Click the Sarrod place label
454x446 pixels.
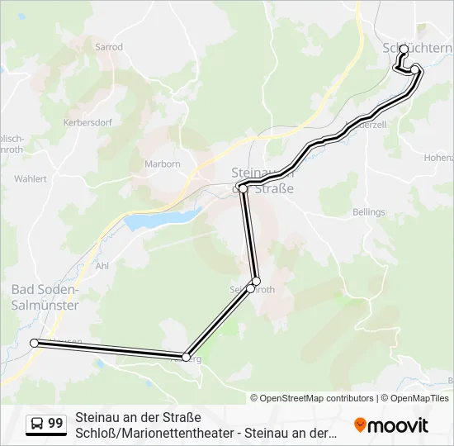[x=109, y=47]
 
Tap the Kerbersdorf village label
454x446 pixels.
[x=87, y=121]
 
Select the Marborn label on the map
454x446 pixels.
[x=163, y=164]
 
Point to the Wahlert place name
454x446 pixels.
[x=31, y=178]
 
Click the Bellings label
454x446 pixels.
[x=368, y=212]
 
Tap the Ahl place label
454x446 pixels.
[x=102, y=266]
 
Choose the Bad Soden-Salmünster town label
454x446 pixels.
[x=45, y=297]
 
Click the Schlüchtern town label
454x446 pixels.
[x=418, y=48]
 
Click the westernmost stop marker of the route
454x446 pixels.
[x=34, y=343]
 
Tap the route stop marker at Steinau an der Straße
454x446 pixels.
[x=243, y=189]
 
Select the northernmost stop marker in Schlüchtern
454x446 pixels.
[x=404, y=49]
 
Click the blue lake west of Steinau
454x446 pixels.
[x=162, y=220]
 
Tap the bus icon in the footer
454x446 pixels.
[x=37, y=424]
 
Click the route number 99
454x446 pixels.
[x=55, y=424]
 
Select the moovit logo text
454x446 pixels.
[x=399, y=425]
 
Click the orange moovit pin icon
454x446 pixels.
[x=360, y=425]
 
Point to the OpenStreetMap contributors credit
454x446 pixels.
[x=312, y=398]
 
